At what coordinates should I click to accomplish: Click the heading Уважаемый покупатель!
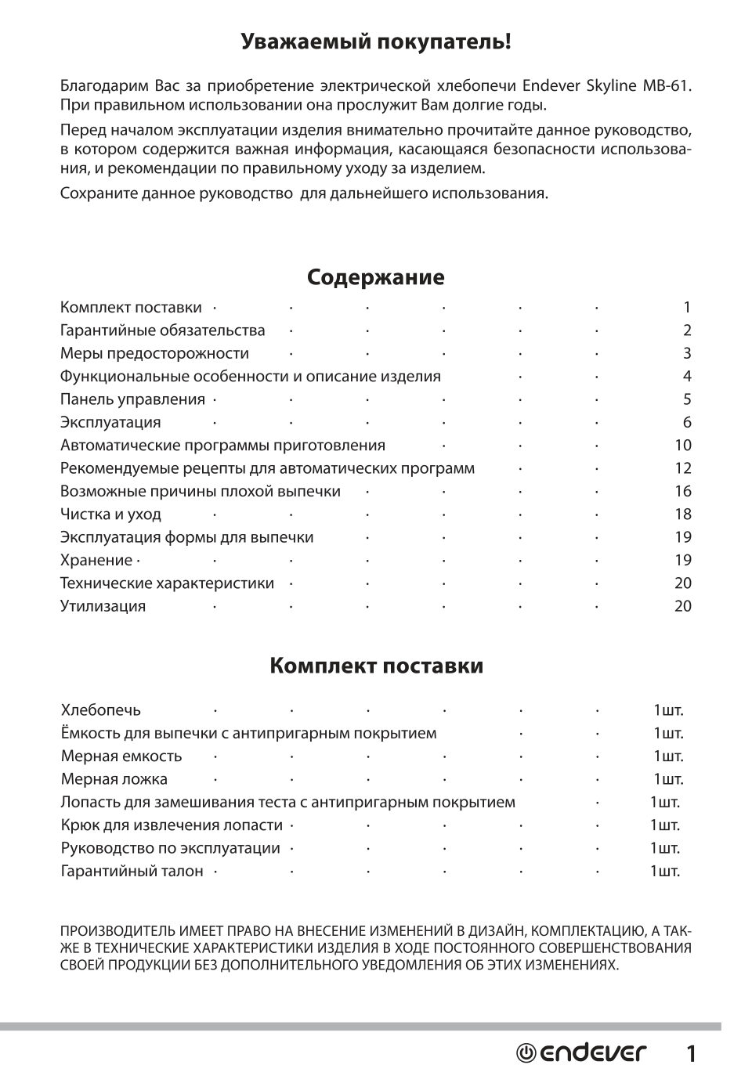point(375,42)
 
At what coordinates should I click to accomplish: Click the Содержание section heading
point(375,277)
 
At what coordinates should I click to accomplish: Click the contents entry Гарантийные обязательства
point(163,330)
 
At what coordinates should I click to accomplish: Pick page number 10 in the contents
point(682,446)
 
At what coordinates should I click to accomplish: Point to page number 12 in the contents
point(682,468)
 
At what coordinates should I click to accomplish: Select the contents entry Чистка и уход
point(110,514)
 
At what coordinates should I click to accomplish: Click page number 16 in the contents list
point(682,492)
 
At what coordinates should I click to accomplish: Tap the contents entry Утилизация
point(103,606)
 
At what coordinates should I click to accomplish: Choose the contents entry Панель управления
point(132,399)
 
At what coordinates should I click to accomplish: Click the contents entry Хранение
point(96,561)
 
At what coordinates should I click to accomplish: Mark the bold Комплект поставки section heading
point(376,666)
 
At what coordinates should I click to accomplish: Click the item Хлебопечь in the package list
point(101,711)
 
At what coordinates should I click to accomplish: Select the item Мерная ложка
point(114,780)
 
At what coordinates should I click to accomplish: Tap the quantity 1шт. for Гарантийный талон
point(664,872)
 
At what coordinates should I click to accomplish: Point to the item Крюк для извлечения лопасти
point(172,825)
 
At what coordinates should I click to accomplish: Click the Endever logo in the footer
point(581,1053)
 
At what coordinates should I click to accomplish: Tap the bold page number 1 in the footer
point(691,1054)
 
